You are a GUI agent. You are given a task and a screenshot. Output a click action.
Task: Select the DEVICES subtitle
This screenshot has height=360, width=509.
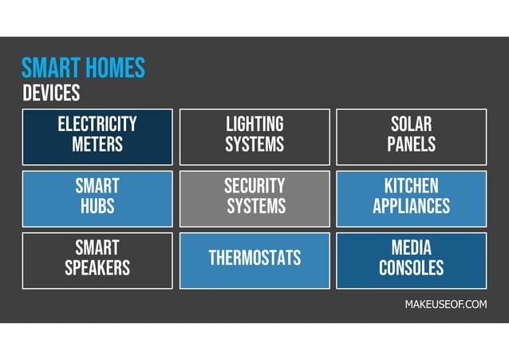click(x=51, y=93)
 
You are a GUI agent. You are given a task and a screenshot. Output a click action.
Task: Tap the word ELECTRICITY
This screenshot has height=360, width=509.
click(x=97, y=125)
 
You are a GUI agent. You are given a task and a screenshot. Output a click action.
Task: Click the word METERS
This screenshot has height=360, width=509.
click(x=97, y=144)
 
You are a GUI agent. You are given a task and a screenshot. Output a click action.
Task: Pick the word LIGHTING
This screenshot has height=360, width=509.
click(x=254, y=125)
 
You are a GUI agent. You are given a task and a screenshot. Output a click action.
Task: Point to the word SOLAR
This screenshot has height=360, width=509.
click(x=412, y=125)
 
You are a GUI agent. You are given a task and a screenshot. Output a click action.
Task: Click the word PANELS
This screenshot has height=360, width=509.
click(x=412, y=144)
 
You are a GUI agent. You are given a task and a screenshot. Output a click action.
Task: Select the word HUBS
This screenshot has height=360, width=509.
click(x=97, y=207)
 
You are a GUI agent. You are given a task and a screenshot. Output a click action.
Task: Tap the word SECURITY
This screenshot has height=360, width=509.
click(x=254, y=187)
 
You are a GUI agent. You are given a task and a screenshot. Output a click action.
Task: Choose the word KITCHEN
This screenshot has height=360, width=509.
click(x=412, y=187)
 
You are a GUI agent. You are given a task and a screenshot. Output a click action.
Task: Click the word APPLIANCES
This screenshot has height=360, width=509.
click(x=412, y=207)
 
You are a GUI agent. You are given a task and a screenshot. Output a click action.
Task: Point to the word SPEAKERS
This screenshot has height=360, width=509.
click(x=97, y=268)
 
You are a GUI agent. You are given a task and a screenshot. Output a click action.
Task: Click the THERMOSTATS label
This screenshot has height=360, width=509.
click(x=254, y=258)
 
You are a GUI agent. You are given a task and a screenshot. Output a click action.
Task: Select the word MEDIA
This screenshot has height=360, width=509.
click(x=412, y=247)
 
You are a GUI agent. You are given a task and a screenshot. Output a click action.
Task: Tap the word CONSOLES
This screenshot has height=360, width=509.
click(x=412, y=268)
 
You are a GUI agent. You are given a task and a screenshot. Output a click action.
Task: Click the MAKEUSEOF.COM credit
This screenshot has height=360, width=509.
click(x=445, y=305)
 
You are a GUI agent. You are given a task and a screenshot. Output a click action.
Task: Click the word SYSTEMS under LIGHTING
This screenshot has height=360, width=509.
click(x=254, y=144)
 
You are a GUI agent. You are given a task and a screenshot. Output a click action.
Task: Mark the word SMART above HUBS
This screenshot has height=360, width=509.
click(x=97, y=187)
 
